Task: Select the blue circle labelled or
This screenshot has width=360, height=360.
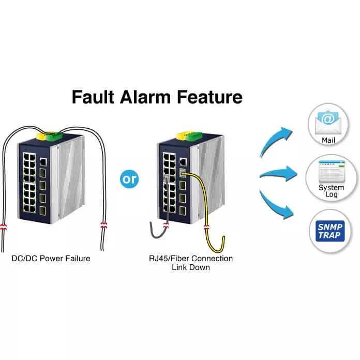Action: click(129, 179)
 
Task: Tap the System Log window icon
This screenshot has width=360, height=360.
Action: click(331, 171)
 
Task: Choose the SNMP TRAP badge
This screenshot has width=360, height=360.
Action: click(331, 232)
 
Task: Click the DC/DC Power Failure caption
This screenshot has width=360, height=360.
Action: click(51, 258)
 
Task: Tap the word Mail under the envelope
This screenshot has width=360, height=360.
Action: click(329, 140)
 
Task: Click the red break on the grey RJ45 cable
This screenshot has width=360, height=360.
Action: click(167, 224)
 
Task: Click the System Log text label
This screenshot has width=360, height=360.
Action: click(331, 191)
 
